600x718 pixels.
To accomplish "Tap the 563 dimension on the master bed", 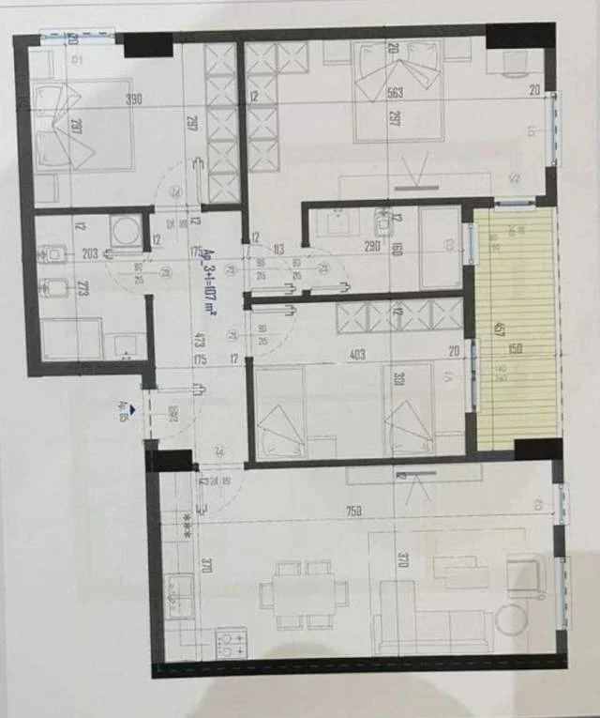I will click(395, 92).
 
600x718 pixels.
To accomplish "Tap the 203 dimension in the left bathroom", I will click(90, 253).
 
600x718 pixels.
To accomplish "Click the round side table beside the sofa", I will click(512, 619).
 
